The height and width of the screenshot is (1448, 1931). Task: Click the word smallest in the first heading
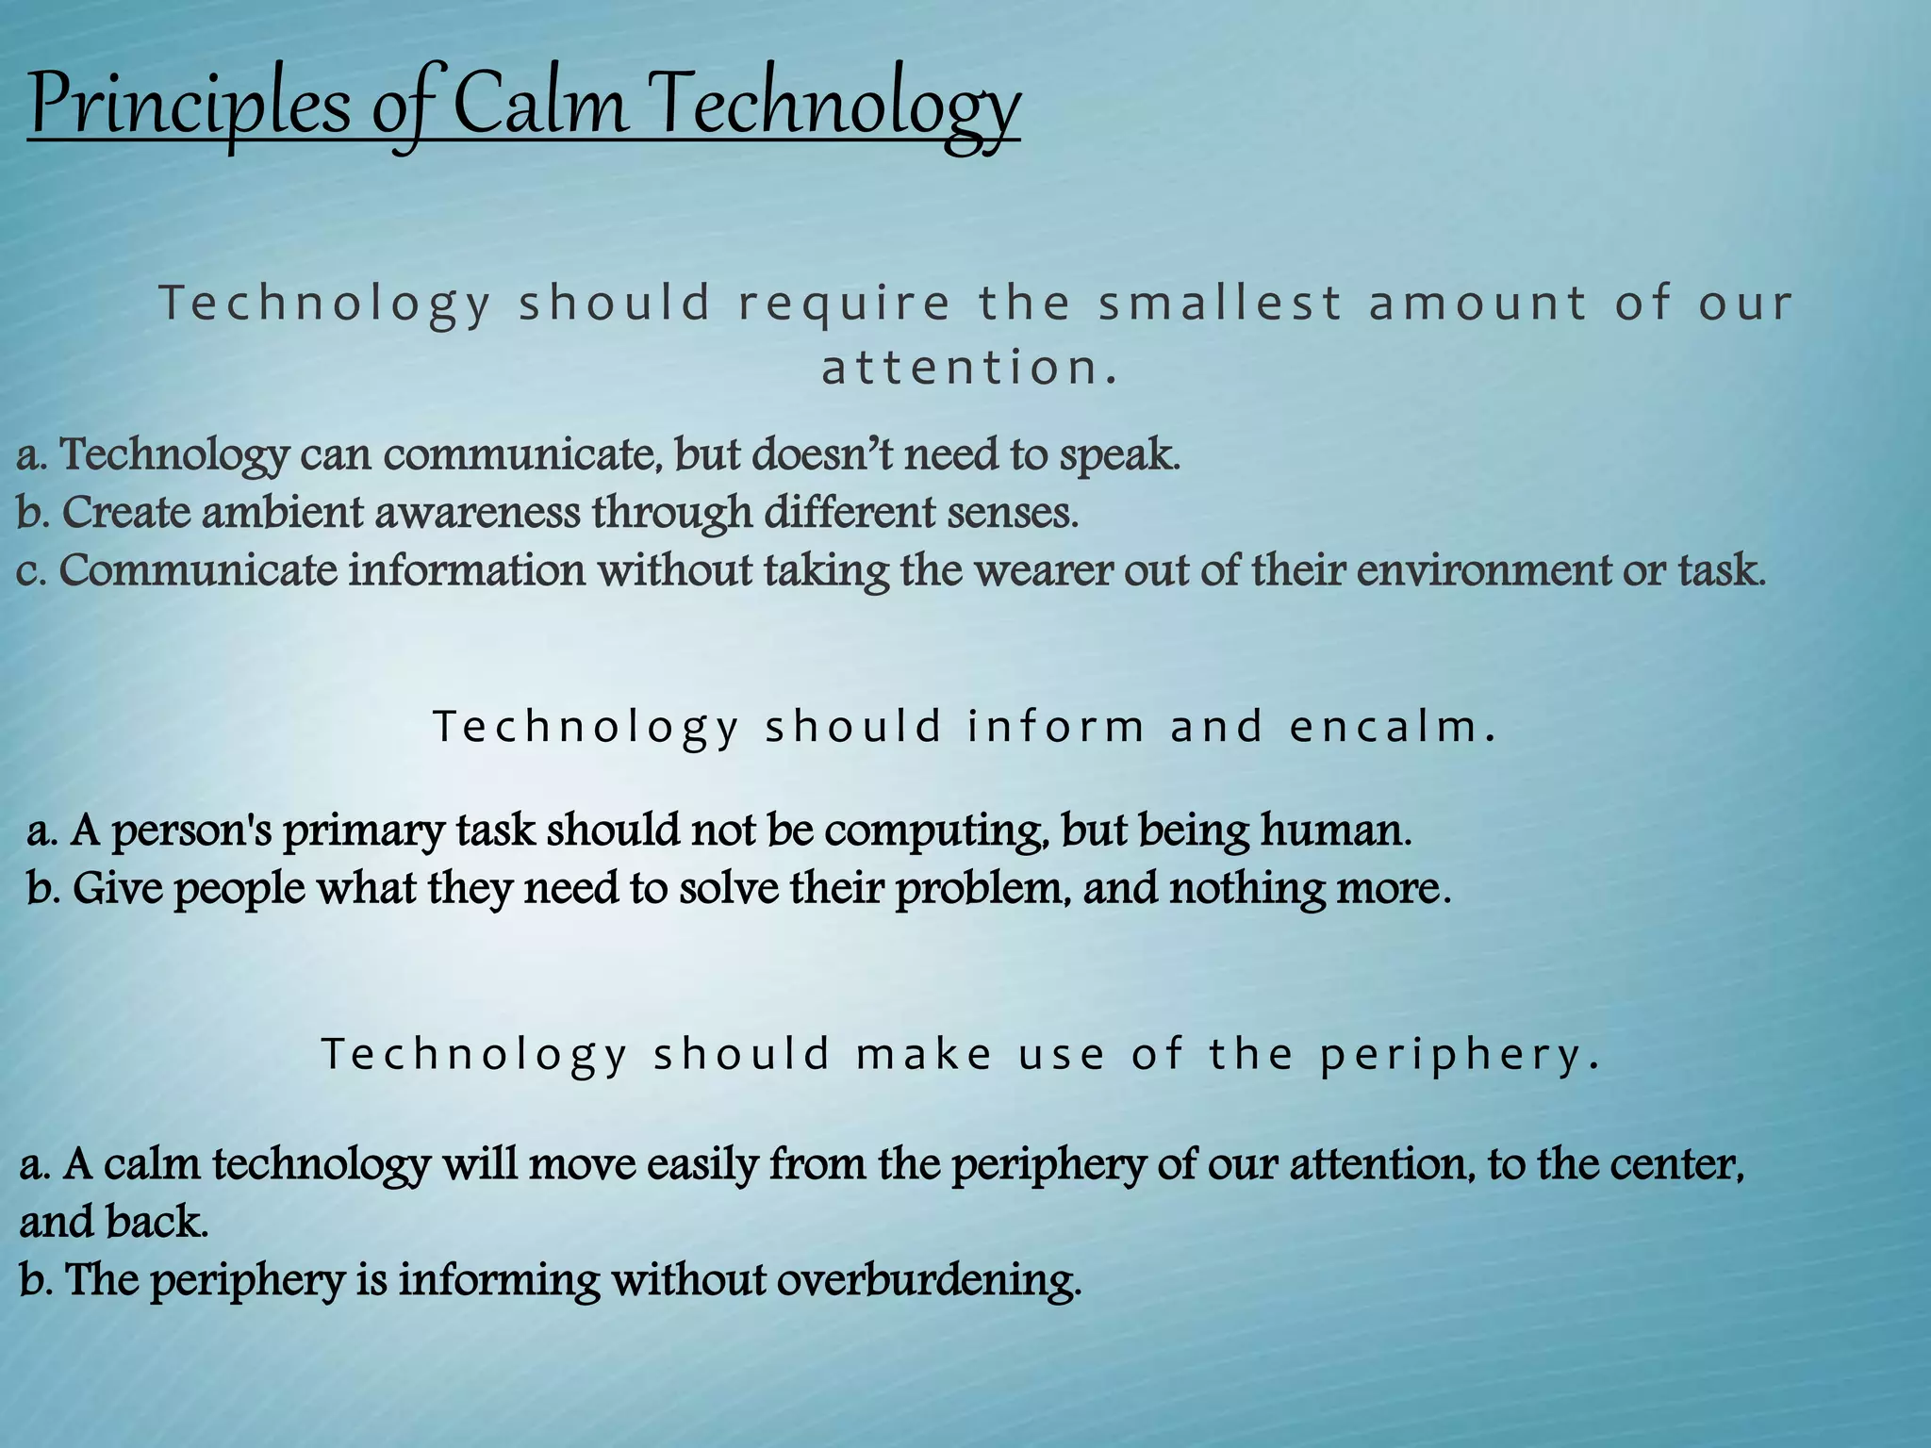point(1220,304)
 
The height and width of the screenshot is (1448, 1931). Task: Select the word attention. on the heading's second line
point(970,368)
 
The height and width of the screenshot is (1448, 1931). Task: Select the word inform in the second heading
point(1057,727)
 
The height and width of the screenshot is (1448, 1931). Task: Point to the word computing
point(948,832)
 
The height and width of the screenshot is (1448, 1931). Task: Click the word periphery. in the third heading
point(1460,1055)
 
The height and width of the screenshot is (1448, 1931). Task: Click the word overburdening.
point(928,1281)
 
